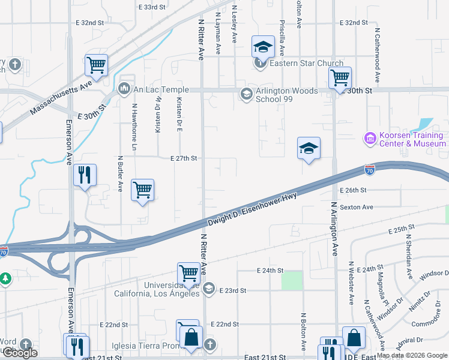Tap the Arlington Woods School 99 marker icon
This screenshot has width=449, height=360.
(246, 94)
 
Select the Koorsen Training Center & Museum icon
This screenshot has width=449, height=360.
(370, 139)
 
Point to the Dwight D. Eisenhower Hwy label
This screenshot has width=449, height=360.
(253, 209)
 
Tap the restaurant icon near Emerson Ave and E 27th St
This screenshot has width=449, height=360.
(85, 175)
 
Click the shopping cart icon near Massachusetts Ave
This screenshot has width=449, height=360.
(96, 64)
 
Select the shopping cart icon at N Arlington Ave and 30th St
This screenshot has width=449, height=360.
(340, 77)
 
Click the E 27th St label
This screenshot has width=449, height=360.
(184, 158)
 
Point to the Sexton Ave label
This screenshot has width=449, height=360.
(357, 207)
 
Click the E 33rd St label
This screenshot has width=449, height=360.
(151, 7)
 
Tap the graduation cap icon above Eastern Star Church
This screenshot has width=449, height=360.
(262, 46)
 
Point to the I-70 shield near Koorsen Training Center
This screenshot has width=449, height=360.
(370, 170)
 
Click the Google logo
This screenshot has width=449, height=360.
(20, 353)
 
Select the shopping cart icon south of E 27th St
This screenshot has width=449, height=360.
(143, 190)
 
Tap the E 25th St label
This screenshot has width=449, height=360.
(402, 230)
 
